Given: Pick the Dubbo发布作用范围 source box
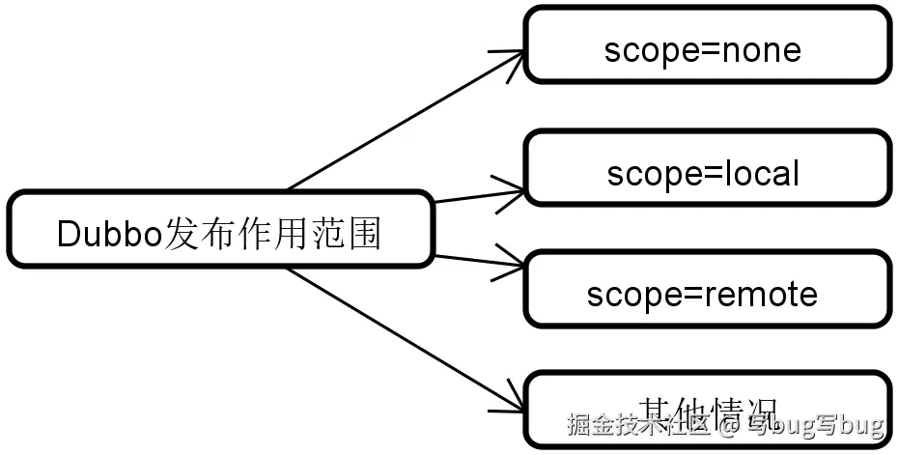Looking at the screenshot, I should pos(220,230).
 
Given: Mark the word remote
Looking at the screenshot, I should pos(763,294).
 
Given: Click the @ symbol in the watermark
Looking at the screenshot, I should pos(731,426).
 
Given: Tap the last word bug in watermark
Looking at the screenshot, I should pos(862,426).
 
